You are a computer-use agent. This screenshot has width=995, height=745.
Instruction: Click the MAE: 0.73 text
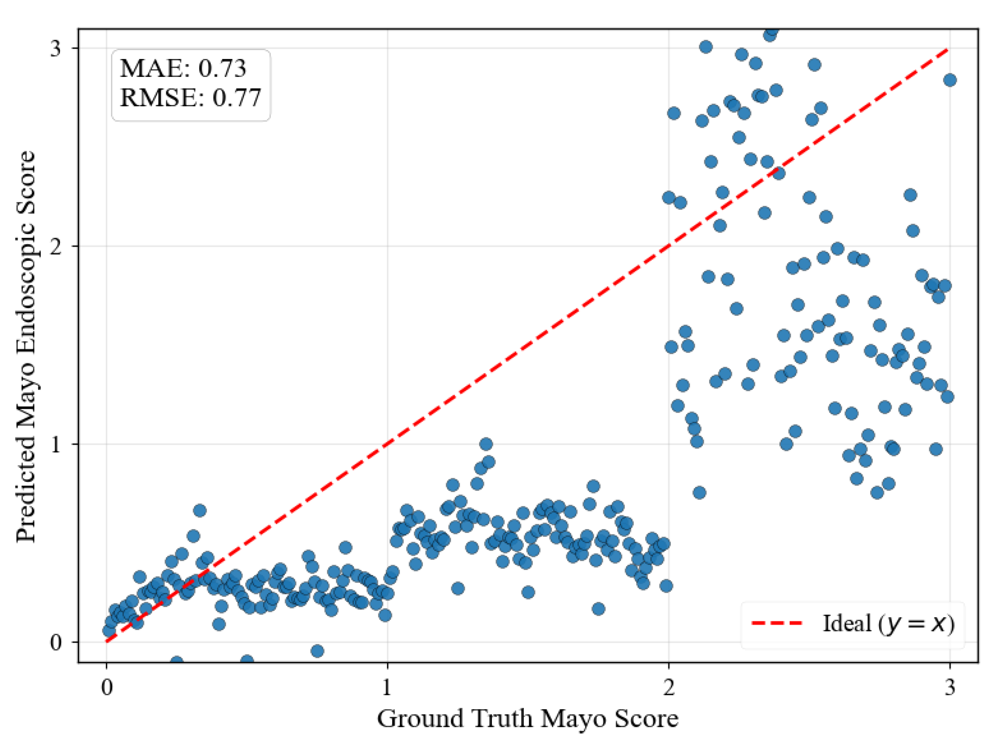pyautogui.click(x=183, y=69)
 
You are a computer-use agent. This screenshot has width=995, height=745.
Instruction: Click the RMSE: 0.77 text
pyautogui.click(x=190, y=98)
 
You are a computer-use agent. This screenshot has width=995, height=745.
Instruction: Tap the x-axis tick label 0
pyautogui.click(x=107, y=687)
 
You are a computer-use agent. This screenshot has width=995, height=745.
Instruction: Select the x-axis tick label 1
pyautogui.click(x=387, y=687)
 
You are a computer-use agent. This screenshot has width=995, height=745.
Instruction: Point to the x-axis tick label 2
pyautogui.click(x=669, y=687)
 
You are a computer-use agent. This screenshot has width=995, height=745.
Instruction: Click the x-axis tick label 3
pyautogui.click(x=950, y=687)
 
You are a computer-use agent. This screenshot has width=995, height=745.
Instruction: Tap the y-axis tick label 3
pyautogui.click(x=55, y=48)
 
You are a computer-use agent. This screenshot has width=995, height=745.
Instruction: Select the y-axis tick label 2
pyautogui.click(x=55, y=246)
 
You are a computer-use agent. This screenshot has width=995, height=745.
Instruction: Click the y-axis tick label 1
pyautogui.click(x=55, y=445)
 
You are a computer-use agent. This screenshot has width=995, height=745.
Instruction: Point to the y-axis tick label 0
pyautogui.click(x=55, y=642)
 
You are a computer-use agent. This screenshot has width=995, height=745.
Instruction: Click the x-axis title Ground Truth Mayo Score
pyautogui.click(x=527, y=718)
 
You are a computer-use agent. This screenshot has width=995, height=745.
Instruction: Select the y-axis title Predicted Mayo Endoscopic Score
pyautogui.click(x=25, y=346)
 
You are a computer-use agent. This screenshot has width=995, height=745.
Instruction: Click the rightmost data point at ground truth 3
pyautogui.click(x=950, y=80)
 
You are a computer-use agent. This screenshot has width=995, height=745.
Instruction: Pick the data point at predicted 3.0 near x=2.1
pyautogui.click(x=705, y=47)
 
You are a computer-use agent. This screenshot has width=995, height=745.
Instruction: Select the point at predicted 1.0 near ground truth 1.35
pyautogui.click(x=485, y=444)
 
